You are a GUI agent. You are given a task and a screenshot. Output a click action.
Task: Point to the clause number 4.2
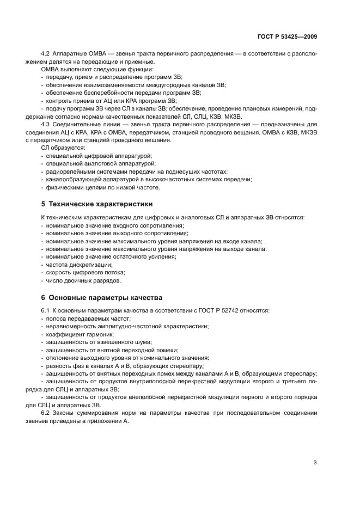45,54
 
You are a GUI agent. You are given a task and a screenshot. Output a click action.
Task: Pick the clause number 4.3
45,124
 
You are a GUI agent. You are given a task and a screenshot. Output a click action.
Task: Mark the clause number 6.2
45,413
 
